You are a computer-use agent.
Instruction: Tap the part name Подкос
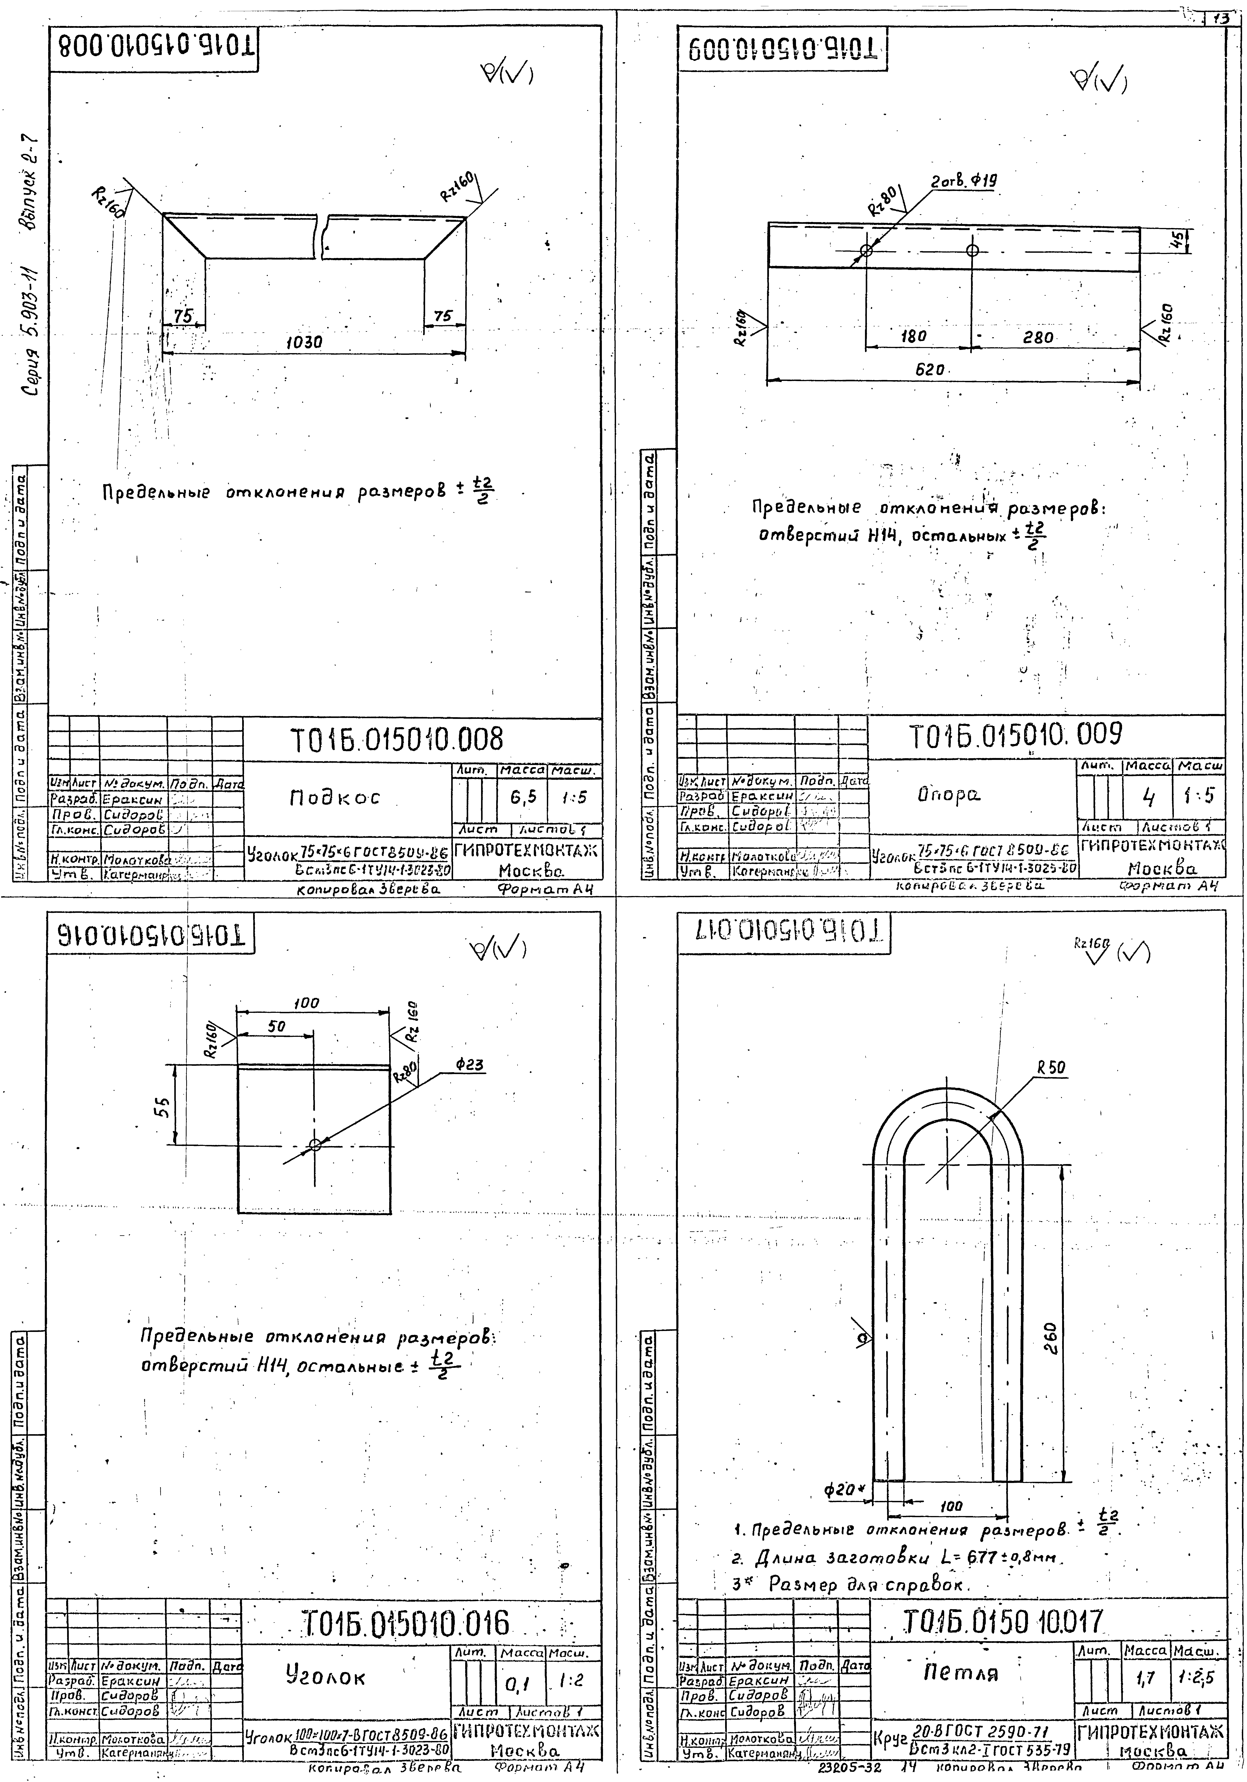click(334, 797)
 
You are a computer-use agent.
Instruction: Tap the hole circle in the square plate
click(314, 1145)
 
